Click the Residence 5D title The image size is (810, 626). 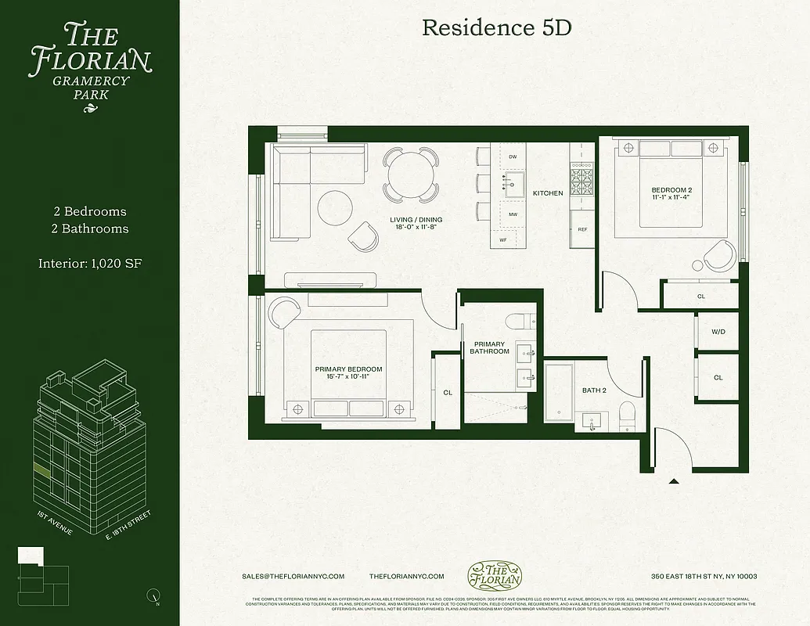click(497, 27)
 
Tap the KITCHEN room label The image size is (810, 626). click(548, 193)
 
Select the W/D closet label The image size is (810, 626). click(718, 332)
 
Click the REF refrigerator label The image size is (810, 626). click(582, 230)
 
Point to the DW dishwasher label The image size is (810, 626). click(513, 157)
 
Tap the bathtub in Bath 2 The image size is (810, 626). click(560, 394)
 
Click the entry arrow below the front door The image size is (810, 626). click(674, 482)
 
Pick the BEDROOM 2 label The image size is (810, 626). click(671, 190)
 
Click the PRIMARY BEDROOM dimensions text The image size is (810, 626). click(348, 376)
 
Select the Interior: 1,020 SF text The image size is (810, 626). click(90, 264)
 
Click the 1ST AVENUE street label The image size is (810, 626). click(55, 523)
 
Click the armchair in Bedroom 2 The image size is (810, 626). click(719, 255)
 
